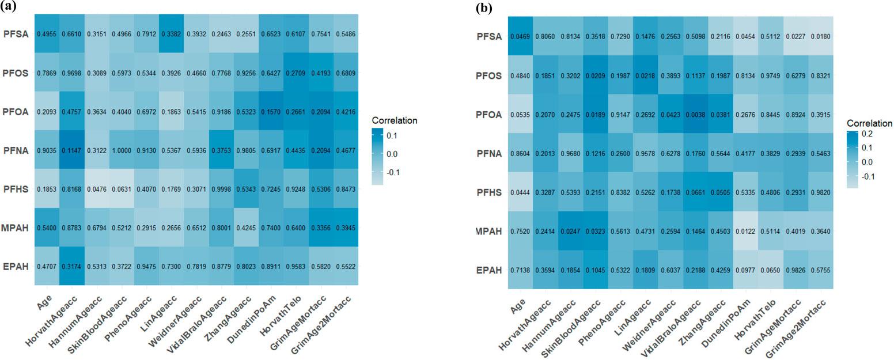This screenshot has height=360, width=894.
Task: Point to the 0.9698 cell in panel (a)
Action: [72, 74]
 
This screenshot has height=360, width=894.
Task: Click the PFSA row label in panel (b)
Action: [491, 36]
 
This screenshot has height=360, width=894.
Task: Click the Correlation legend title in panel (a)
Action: [394, 121]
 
